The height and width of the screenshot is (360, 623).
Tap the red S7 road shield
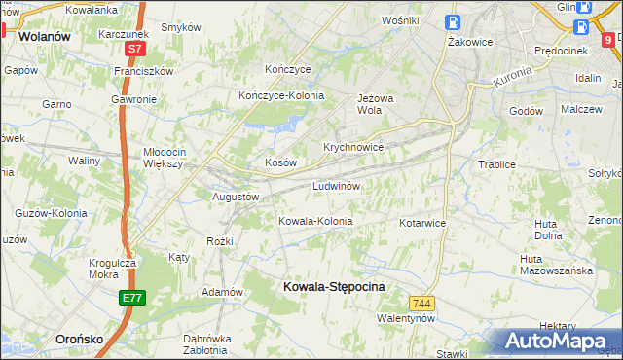pos(136,47)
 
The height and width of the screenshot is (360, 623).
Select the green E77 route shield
pos(133,298)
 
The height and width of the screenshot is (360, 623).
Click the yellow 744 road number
pos(421,304)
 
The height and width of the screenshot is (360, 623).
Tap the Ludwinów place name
pos(338,186)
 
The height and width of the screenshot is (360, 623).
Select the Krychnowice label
pos(353,147)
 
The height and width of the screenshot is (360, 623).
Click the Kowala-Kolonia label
pos(315,221)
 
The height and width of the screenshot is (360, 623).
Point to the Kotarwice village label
pos(422,223)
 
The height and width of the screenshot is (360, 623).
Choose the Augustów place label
pos(235,196)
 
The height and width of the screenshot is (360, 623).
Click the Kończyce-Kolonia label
pos(281,95)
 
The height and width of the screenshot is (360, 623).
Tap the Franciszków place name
pos(143,71)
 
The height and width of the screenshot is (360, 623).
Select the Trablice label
pos(496,164)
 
